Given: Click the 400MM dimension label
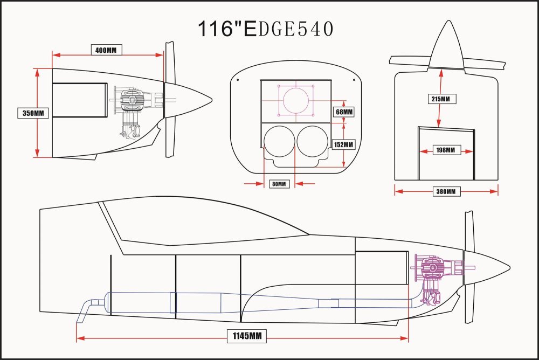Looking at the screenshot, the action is click(106, 50).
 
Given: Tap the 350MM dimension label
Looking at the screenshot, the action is click(33, 113).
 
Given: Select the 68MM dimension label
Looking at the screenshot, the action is click(344, 112).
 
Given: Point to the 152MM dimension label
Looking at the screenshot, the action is click(343, 145).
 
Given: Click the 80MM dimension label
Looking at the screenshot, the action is click(279, 184).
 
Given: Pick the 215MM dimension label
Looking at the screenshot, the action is click(440, 99).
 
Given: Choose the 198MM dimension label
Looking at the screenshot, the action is click(446, 150).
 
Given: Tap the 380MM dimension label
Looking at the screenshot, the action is click(446, 191).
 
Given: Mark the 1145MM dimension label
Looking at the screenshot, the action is click(247, 336).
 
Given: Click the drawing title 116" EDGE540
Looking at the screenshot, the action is click(265, 29).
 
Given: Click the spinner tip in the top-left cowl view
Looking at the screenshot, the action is click(212, 100).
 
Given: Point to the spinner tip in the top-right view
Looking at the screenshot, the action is click(448, 20).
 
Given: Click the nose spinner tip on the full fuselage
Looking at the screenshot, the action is click(509, 267).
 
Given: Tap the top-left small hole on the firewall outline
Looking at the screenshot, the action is click(238, 80).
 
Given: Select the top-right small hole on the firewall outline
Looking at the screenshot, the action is click(354, 80).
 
